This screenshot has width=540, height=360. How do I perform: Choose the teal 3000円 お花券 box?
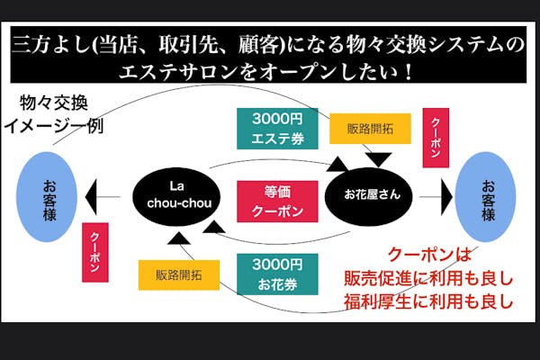(x=271, y=273)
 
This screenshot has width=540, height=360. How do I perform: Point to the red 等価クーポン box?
(x=271, y=201)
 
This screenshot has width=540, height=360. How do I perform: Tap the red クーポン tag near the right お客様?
(x=436, y=137)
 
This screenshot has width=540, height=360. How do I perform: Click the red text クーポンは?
(x=426, y=255)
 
